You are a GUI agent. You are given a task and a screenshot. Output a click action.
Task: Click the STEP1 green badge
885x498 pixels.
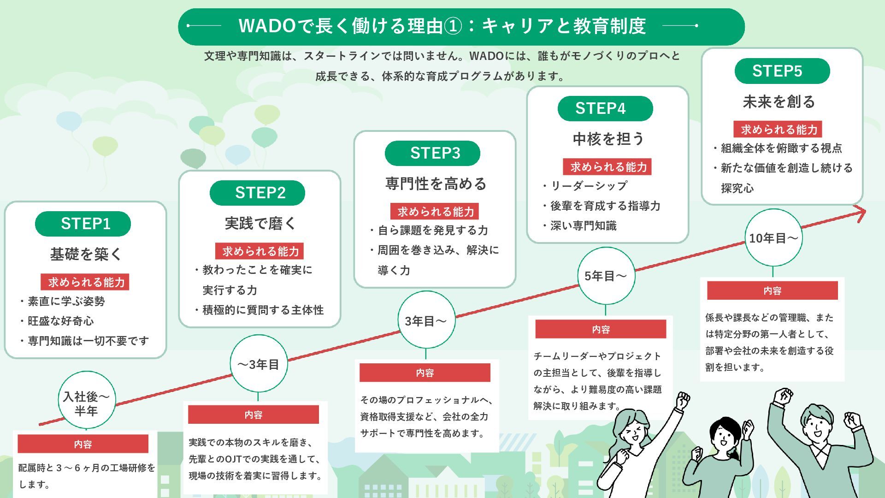point(83,224)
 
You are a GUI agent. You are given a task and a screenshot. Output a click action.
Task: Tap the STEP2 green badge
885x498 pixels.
point(257,193)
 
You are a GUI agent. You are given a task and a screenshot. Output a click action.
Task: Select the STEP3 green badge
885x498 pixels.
point(432,153)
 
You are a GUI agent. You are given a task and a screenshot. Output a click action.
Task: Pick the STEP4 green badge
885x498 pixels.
point(605,108)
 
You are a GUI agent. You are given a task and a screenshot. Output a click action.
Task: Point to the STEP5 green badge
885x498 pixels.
point(782,71)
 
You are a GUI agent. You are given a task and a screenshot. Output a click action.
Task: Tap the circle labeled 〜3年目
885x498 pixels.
point(259,364)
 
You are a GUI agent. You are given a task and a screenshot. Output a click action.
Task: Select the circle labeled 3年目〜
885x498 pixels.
point(426,320)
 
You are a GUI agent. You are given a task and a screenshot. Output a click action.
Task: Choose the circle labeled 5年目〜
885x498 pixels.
point(606,276)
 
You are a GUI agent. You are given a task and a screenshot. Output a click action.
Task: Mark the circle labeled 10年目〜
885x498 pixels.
point(773,238)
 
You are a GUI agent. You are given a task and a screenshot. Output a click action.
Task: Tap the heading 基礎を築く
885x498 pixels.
point(86,254)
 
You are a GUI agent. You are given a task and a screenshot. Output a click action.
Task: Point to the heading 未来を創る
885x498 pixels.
point(779,102)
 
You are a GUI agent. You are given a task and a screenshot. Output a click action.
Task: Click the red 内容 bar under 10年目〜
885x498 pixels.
point(773,290)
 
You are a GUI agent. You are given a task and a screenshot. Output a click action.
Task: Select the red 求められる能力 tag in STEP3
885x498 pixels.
point(435,212)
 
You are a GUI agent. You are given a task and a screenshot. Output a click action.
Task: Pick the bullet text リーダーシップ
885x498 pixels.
point(589,186)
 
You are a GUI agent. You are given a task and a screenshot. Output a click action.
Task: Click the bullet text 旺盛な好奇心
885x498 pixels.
point(60,321)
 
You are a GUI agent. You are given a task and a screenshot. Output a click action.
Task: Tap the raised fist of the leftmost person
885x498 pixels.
point(682,400)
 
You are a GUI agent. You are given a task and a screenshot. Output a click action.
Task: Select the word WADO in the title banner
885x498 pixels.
point(267,26)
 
